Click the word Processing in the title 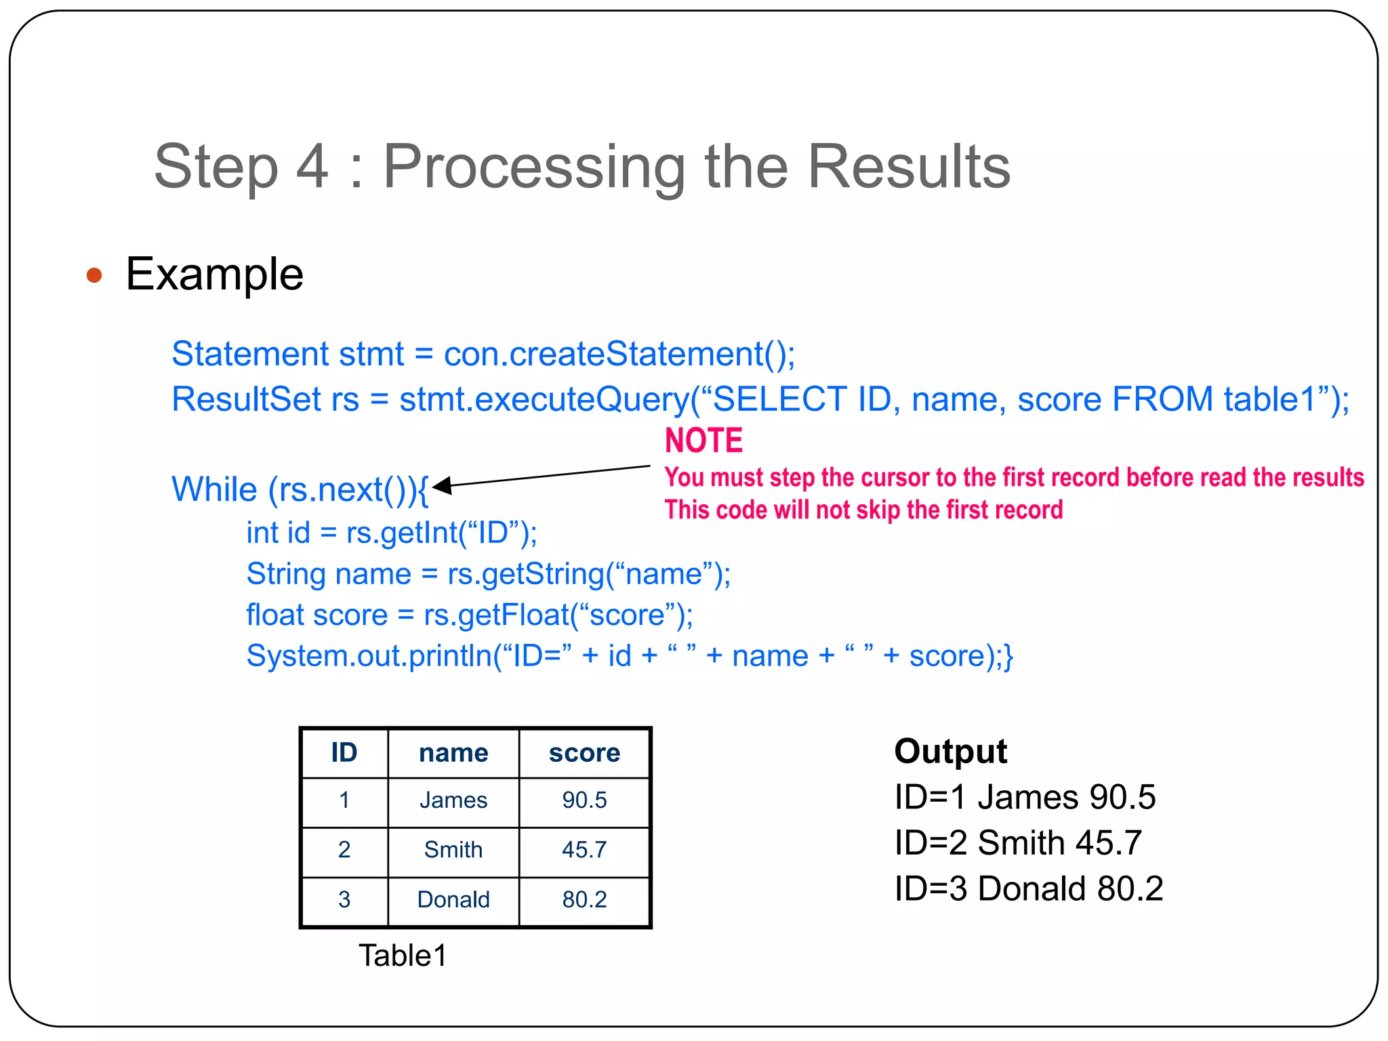pos(534,167)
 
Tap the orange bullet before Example pos(94,275)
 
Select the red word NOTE pos(703,441)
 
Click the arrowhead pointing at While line pos(441,485)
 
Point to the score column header pos(584,753)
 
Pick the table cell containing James pos(453,800)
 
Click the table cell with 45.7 pos(584,850)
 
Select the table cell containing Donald pos(453,899)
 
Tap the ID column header pos(344,753)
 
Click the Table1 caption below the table pos(403,956)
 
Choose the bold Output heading pos(950,751)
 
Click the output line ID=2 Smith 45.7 pos(1018,842)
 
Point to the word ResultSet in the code pos(246,399)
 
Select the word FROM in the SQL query pos(1162,399)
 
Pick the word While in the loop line pos(214,489)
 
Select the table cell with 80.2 pos(584,899)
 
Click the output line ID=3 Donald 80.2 pos(1028,889)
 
